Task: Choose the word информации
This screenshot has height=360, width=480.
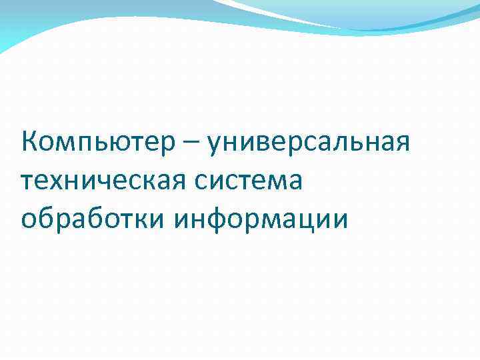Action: (260, 218)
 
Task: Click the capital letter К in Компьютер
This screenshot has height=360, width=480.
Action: (29, 142)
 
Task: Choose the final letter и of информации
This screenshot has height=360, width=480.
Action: (339, 219)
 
